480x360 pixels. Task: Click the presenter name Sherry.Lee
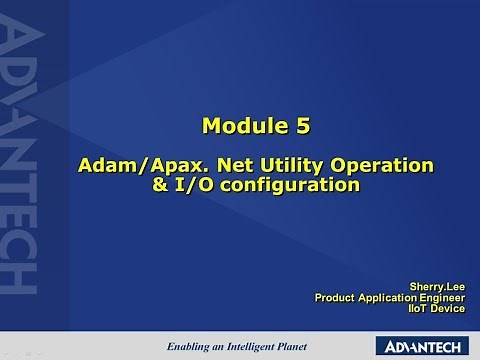click(438, 285)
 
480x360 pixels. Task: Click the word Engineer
click(444, 297)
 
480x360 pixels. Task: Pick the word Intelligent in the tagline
click(263, 346)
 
